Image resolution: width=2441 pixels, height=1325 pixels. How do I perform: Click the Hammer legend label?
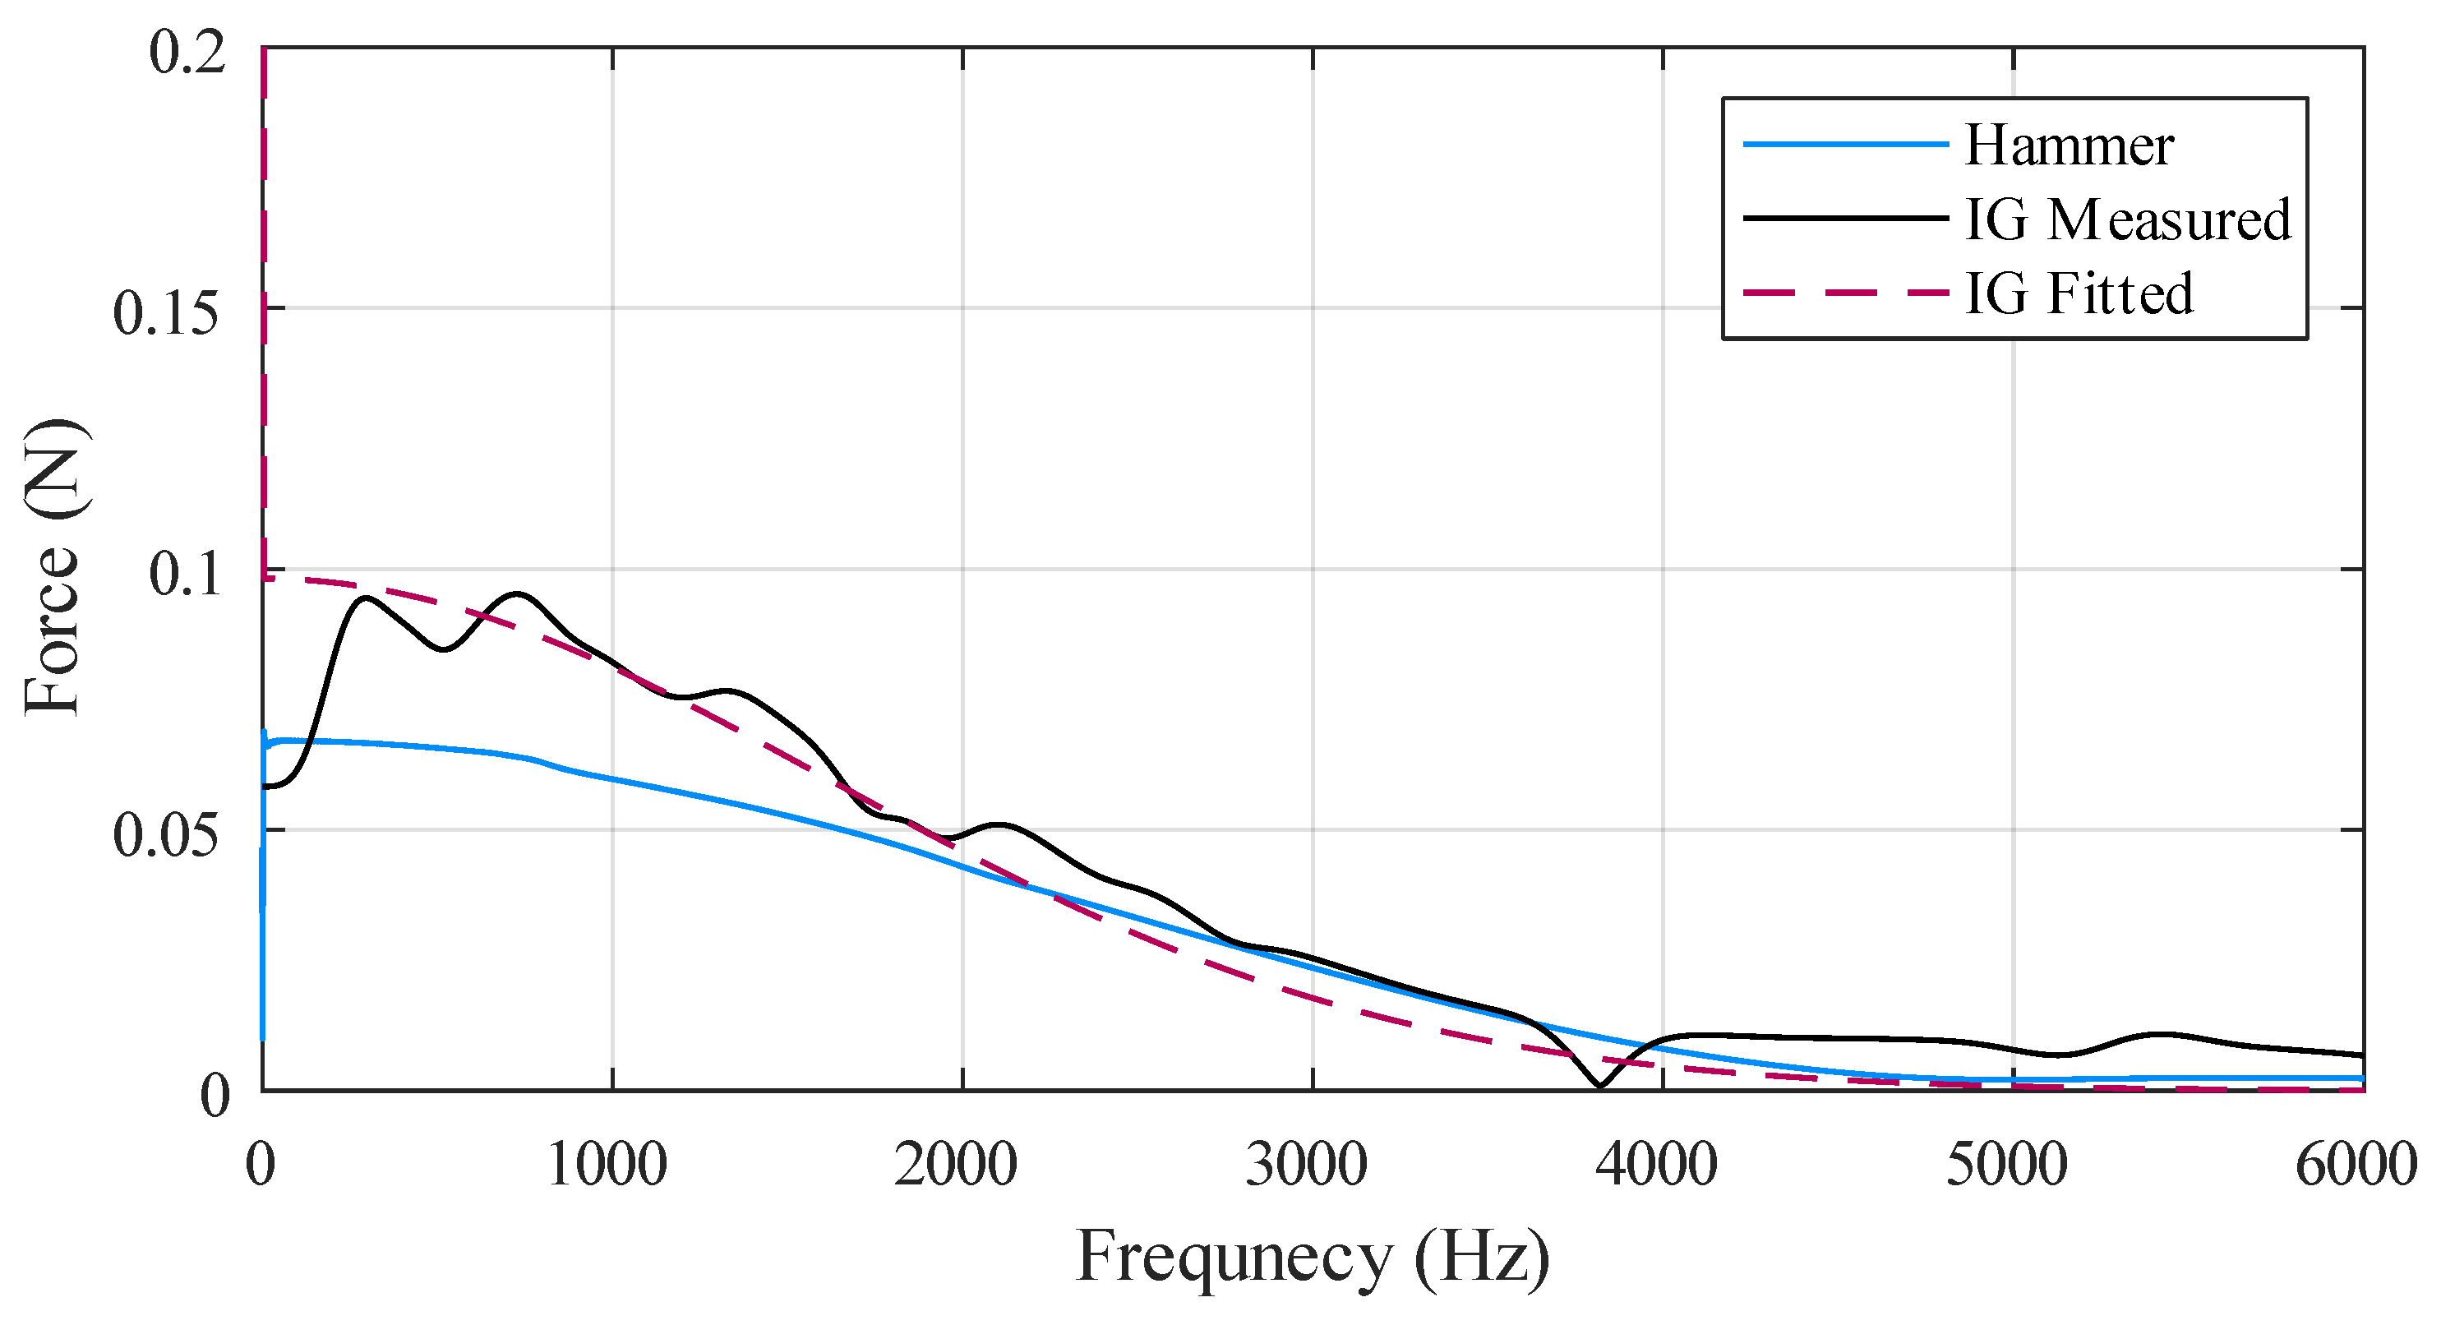click(2069, 146)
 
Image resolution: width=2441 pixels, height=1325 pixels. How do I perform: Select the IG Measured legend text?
click(2127, 220)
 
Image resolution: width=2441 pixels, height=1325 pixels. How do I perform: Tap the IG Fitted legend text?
click(2079, 293)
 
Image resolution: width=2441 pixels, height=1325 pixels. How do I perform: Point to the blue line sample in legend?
click(1844, 144)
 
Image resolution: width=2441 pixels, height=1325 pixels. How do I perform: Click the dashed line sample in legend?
click(1844, 293)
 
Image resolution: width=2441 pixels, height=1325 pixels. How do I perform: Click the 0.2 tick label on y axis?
click(187, 51)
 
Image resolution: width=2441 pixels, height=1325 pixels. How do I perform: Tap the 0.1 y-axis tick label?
click(187, 575)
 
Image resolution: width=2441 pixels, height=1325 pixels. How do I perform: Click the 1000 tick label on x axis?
click(607, 1164)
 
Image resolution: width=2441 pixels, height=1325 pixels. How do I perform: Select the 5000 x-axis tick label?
click(2006, 1164)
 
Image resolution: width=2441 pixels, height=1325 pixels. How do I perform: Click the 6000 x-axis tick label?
click(2356, 1164)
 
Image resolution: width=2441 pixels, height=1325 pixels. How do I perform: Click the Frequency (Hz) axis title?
click(1313, 1257)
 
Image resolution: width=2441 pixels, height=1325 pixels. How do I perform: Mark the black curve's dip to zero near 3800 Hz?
click(1599, 1086)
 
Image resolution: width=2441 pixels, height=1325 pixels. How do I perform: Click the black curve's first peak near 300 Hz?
click(366, 598)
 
